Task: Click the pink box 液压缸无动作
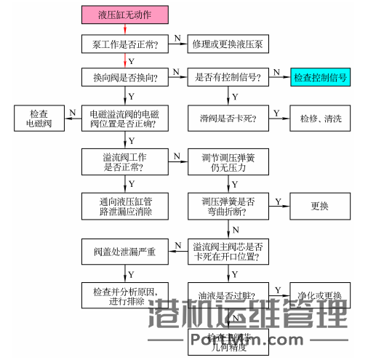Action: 126,14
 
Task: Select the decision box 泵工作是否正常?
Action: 126,44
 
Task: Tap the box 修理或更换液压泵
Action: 228,44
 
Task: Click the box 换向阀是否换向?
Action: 126,76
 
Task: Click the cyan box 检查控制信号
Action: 320,76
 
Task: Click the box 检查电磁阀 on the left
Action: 39,119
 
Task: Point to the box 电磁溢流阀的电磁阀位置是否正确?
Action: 126,119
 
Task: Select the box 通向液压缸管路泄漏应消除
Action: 126,206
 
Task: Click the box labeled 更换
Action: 320,206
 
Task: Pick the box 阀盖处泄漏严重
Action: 126,252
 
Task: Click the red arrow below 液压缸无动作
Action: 126,28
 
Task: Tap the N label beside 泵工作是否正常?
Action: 177,37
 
